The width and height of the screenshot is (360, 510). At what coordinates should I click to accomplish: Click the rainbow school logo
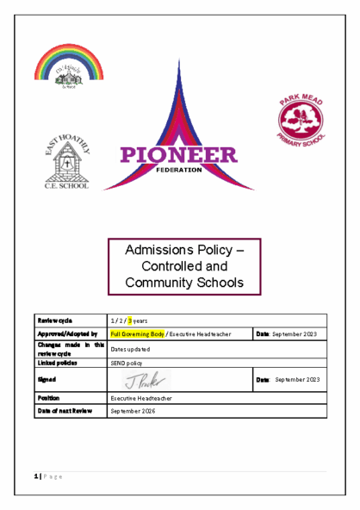click(x=68, y=67)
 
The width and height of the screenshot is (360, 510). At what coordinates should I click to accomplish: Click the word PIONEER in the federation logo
click(x=179, y=156)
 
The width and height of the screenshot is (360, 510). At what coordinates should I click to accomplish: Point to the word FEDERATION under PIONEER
click(x=179, y=170)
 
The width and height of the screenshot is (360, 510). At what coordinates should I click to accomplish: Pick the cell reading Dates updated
click(x=131, y=348)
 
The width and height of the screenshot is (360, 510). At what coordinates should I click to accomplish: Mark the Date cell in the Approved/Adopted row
click(x=288, y=333)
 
